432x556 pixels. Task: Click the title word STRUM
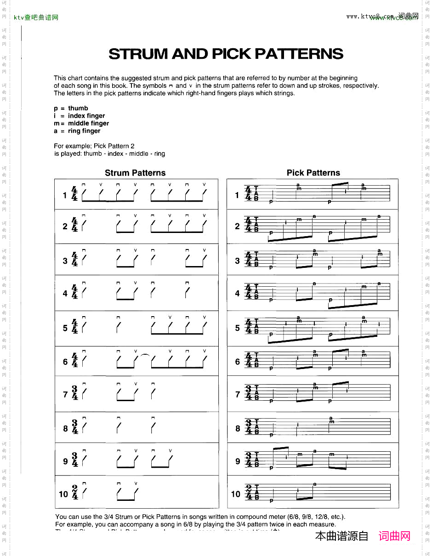(x=138, y=54)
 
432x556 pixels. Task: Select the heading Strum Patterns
(x=135, y=173)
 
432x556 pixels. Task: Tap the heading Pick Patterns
(x=313, y=173)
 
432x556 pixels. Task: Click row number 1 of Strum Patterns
(x=65, y=195)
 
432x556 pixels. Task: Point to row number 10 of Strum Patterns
(x=63, y=494)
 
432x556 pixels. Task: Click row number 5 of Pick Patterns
(x=238, y=328)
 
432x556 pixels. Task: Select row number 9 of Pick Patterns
(x=238, y=461)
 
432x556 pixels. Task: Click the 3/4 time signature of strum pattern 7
(x=75, y=394)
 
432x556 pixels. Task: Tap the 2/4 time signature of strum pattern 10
(x=75, y=494)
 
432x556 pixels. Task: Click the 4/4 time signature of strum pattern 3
(x=75, y=261)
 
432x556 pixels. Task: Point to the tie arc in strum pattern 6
(x=144, y=355)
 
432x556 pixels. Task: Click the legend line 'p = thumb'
(x=71, y=108)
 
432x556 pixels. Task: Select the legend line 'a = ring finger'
(x=77, y=131)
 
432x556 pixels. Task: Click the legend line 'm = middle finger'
(x=81, y=123)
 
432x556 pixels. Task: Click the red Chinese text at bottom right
(x=394, y=536)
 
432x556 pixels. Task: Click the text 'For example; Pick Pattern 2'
(x=94, y=146)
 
